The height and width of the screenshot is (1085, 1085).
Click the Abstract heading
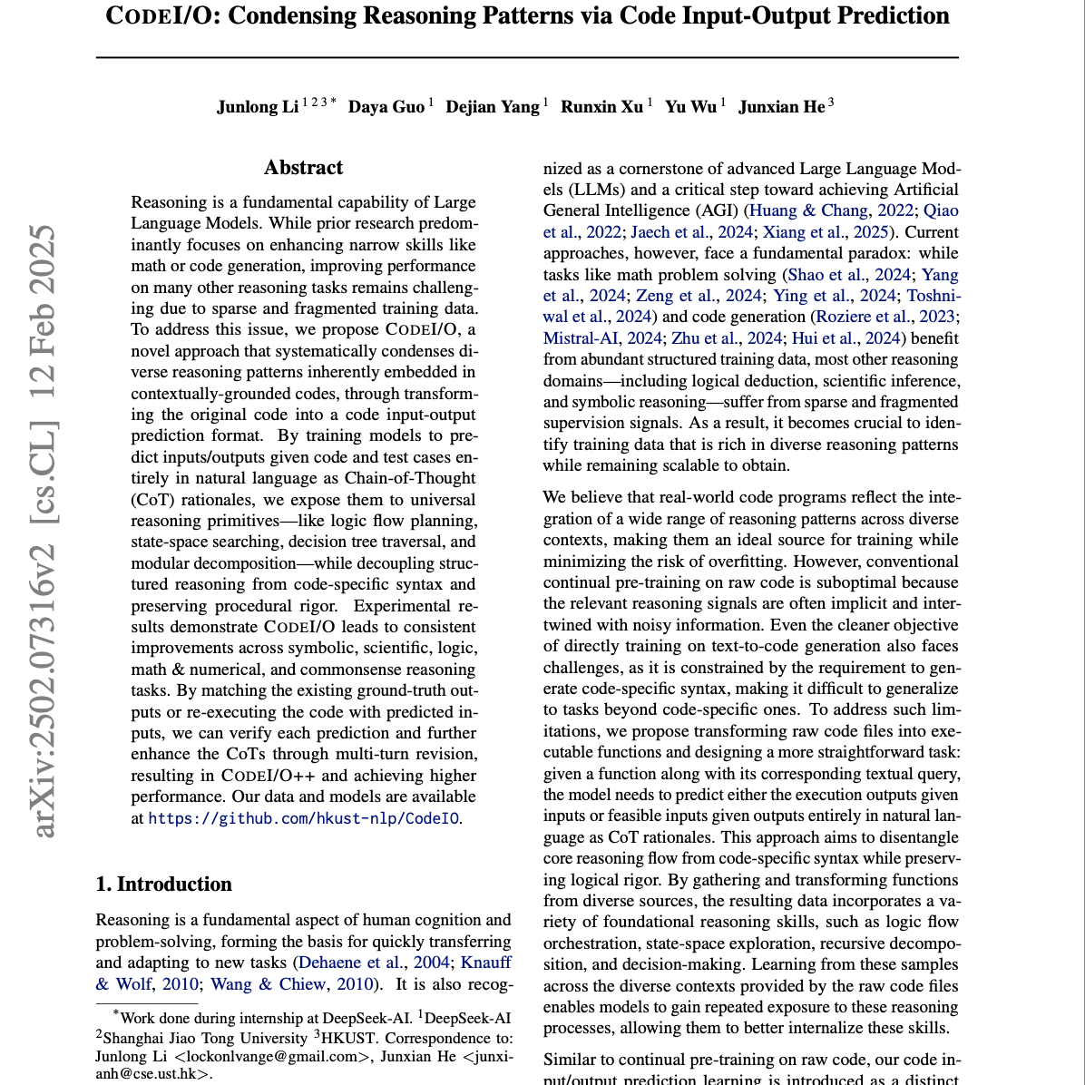[x=303, y=168]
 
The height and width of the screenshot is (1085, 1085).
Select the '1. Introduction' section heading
[x=164, y=885]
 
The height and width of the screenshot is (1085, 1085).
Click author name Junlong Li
[x=258, y=107]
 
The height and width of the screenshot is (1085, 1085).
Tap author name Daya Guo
[x=386, y=107]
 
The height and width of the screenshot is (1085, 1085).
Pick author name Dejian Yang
[x=493, y=107]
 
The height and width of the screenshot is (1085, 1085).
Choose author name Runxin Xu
[x=601, y=107]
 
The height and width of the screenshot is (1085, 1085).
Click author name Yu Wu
[x=690, y=107]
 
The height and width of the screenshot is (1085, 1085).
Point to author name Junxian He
[x=781, y=107]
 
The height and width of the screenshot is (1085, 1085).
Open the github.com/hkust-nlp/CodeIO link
[x=303, y=818]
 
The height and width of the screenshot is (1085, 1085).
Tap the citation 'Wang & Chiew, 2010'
[x=298, y=984]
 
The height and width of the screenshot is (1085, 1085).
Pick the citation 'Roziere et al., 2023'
[x=885, y=317]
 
